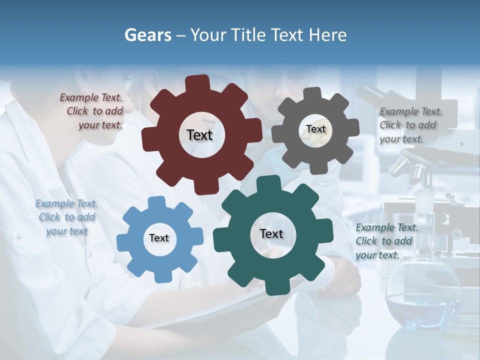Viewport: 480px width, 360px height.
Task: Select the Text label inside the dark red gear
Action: coord(199,135)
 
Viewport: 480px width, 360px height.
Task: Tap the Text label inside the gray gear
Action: coord(315,129)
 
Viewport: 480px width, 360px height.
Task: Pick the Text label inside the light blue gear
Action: coord(159,238)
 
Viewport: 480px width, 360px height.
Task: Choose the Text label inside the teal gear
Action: coord(271,233)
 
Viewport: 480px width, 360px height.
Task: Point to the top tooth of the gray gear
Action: coord(312,94)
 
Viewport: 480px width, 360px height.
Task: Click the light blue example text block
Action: coord(66,217)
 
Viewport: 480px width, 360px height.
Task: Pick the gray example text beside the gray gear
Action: coord(410,125)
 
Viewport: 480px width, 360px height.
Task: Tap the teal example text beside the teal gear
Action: coord(386,241)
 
